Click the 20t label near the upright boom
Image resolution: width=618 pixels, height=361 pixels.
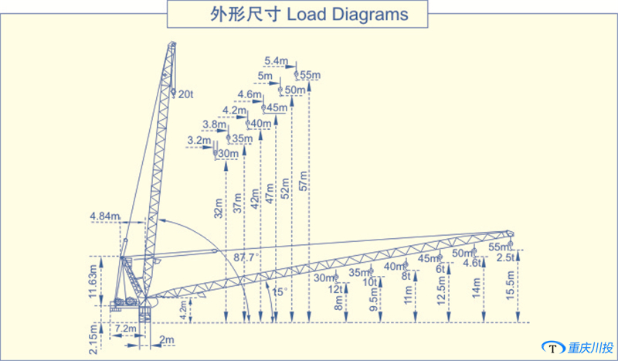coord(186,94)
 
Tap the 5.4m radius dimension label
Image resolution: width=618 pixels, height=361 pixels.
coord(276,61)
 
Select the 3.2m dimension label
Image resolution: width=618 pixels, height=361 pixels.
coord(199,141)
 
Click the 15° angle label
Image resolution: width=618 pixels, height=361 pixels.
coord(279,291)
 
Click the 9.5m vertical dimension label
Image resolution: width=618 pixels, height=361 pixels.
coord(374,297)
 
